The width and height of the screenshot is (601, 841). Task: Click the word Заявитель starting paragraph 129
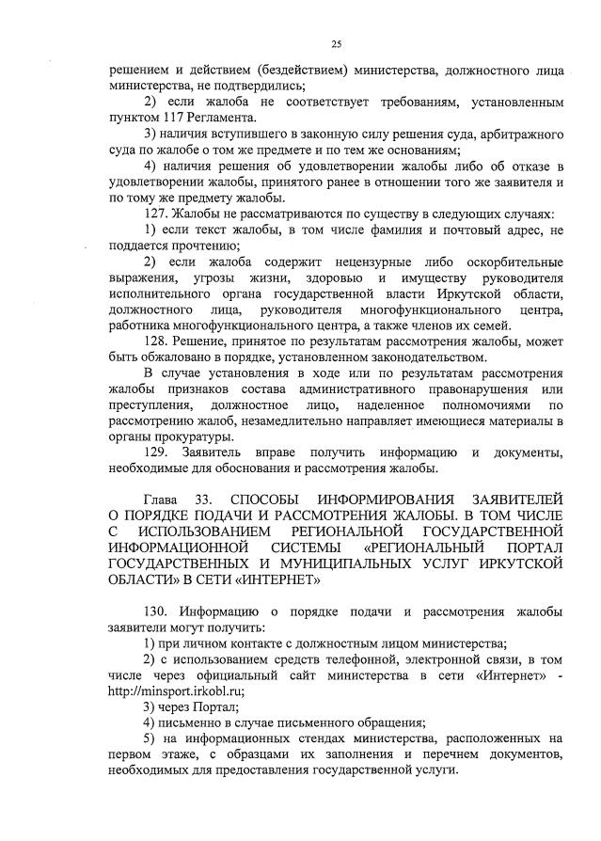(x=227, y=453)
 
